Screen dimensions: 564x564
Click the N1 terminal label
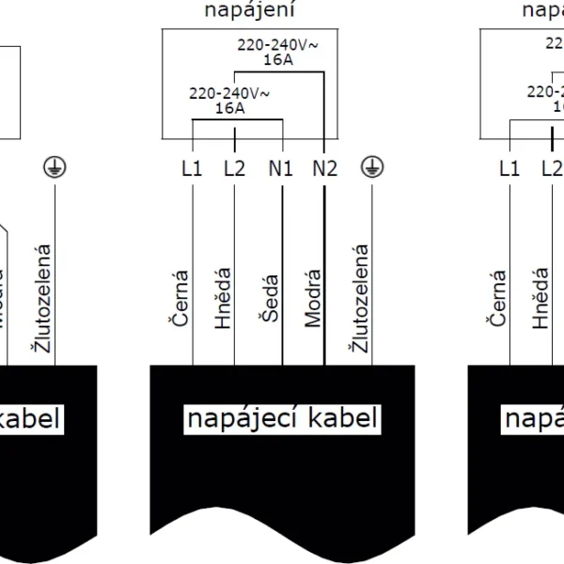pyautogui.click(x=281, y=169)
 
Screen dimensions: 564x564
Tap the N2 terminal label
pyautogui.click(x=324, y=169)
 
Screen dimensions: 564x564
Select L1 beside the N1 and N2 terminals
pyautogui.click(x=192, y=169)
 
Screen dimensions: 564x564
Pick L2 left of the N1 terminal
pyautogui.click(x=234, y=169)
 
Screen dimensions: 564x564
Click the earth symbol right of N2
pyautogui.click(x=373, y=167)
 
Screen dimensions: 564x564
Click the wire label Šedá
pyautogui.click(x=270, y=299)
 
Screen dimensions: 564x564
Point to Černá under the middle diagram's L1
pyautogui.click(x=180, y=299)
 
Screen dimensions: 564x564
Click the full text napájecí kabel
pyautogui.click(x=281, y=418)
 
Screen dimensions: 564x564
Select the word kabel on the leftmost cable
pyautogui.click(x=31, y=418)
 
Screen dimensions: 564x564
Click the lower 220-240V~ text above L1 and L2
pyautogui.click(x=229, y=94)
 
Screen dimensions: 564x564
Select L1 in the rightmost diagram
pyautogui.click(x=509, y=169)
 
